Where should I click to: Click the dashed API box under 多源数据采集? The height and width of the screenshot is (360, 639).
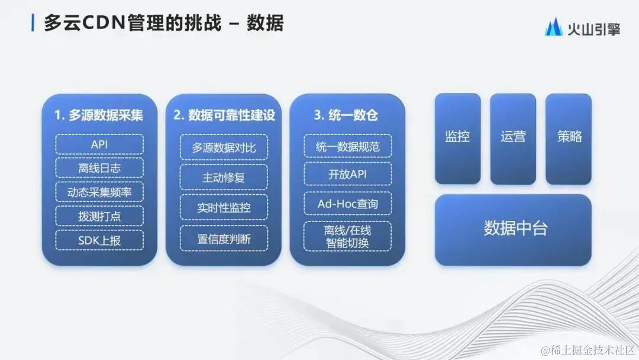coord(99,144)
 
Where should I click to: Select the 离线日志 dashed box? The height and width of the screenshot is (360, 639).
coord(99,168)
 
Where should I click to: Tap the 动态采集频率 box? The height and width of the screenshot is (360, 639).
coord(99,192)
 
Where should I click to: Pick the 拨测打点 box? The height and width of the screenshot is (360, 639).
coord(99,216)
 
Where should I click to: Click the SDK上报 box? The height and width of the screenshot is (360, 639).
coord(99,239)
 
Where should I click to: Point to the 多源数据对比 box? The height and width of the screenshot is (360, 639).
coord(224,147)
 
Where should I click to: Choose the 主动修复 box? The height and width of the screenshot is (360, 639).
coord(224,177)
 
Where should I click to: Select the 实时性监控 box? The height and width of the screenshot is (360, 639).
coord(224,208)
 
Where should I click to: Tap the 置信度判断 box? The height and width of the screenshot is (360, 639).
coord(224,239)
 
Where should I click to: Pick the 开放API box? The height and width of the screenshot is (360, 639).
coord(348,175)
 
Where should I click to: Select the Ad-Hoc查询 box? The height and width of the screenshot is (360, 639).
coord(348,204)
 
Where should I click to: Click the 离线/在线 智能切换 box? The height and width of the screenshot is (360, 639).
coord(348,236)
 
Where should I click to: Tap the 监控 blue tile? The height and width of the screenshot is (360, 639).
coord(457,137)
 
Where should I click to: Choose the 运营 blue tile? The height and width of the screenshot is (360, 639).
coord(513,137)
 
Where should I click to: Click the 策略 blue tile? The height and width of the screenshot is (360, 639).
coord(569,137)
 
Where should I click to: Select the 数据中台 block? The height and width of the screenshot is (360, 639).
coord(513,229)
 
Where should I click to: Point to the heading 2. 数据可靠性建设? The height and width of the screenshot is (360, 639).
coord(224,115)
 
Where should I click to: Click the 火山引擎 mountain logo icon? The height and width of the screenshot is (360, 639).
coord(554,27)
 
